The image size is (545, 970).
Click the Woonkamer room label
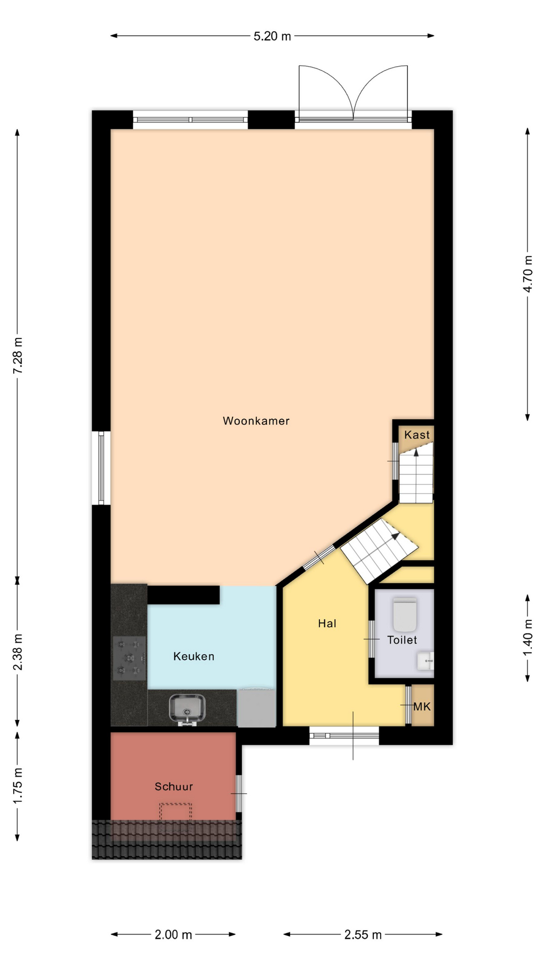256,421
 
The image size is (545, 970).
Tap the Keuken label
194,656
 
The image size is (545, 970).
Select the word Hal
327,623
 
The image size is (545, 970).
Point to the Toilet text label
402,640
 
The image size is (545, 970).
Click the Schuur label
174,787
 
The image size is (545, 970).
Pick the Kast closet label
417,434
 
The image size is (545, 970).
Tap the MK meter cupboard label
422,706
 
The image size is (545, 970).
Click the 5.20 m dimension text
272,36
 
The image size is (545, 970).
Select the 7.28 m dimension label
18,356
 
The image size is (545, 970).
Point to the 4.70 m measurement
528,274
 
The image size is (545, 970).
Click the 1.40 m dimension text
528,638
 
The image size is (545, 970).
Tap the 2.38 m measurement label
18,652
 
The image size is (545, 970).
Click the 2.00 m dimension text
174,935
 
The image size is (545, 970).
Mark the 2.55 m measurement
363,935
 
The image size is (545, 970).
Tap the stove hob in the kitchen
129,658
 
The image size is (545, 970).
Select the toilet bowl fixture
405,614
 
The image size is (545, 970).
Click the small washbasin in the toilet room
426,660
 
